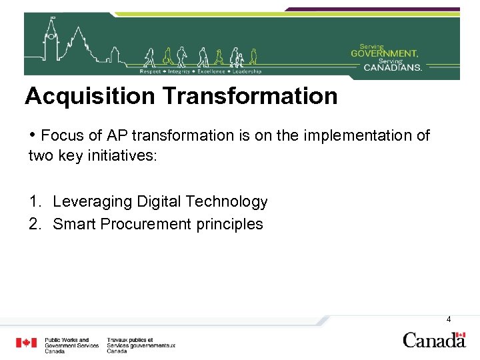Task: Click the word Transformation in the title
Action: pos(250,97)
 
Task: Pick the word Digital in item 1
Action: pos(157,201)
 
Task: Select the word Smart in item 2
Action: pos(74,224)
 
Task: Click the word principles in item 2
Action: pos(230,224)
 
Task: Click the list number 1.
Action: pos(34,201)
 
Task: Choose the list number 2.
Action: pos(34,224)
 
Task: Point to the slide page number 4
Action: pos(449,319)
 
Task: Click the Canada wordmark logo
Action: pos(434,340)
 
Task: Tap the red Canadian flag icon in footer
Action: pos(27,343)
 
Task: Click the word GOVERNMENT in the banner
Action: pos(385,53)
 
